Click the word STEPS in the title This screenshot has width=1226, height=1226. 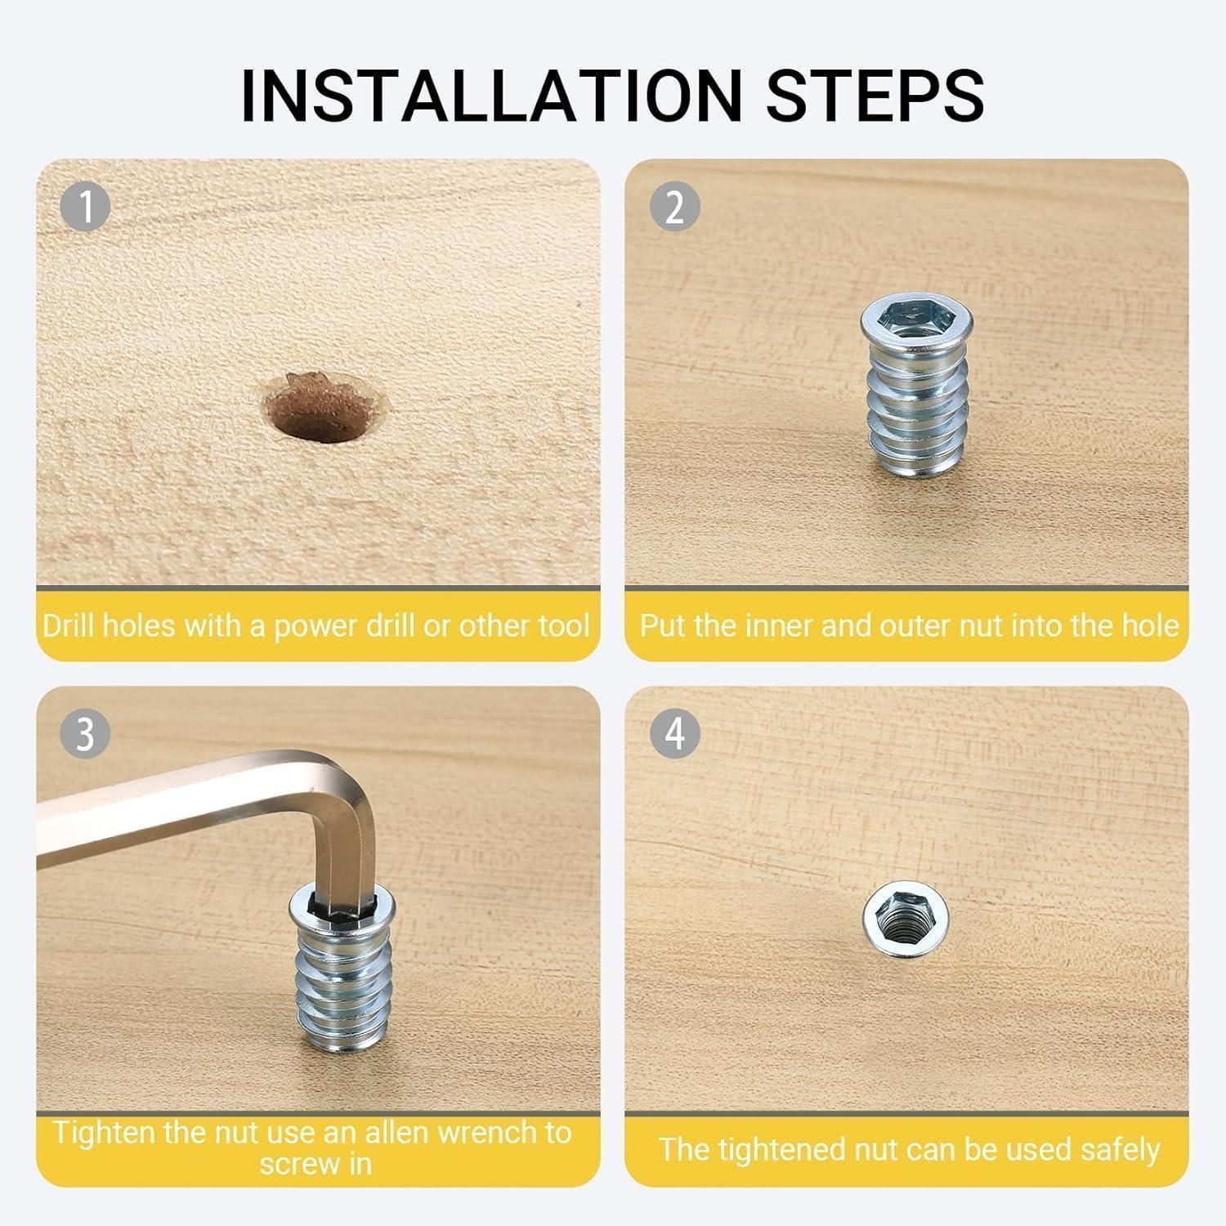click(x=875, y=96)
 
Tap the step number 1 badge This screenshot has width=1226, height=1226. click(x=85, y=207)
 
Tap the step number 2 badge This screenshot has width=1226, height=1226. click(x=674, y=207)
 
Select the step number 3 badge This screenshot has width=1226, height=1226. click(x=85, y=734)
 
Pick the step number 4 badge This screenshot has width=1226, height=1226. click(x=674, y=734)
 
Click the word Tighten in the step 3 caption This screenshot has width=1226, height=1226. click(x=101, y=1133)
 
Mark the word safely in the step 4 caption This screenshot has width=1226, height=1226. click(x=1120, y=1151)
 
